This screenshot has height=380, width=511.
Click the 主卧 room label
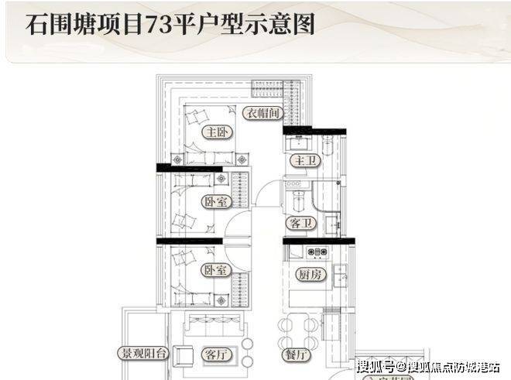click(x=214, y=132)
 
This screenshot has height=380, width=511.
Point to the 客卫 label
click(x=300, y=223)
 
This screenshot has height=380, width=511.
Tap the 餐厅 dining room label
click(x=298, y=355)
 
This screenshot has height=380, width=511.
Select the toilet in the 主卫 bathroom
click(x=328, y=147)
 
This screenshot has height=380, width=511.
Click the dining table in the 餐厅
click(x=299, y=331)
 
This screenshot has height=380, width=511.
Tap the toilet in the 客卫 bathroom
click(x=331, y=225)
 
